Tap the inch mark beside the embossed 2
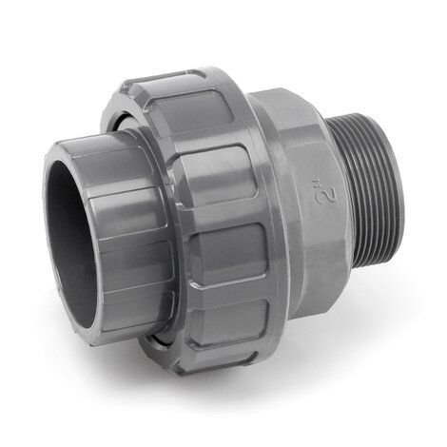(x=322, y=184)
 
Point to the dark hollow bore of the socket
(x=71, y=241)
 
